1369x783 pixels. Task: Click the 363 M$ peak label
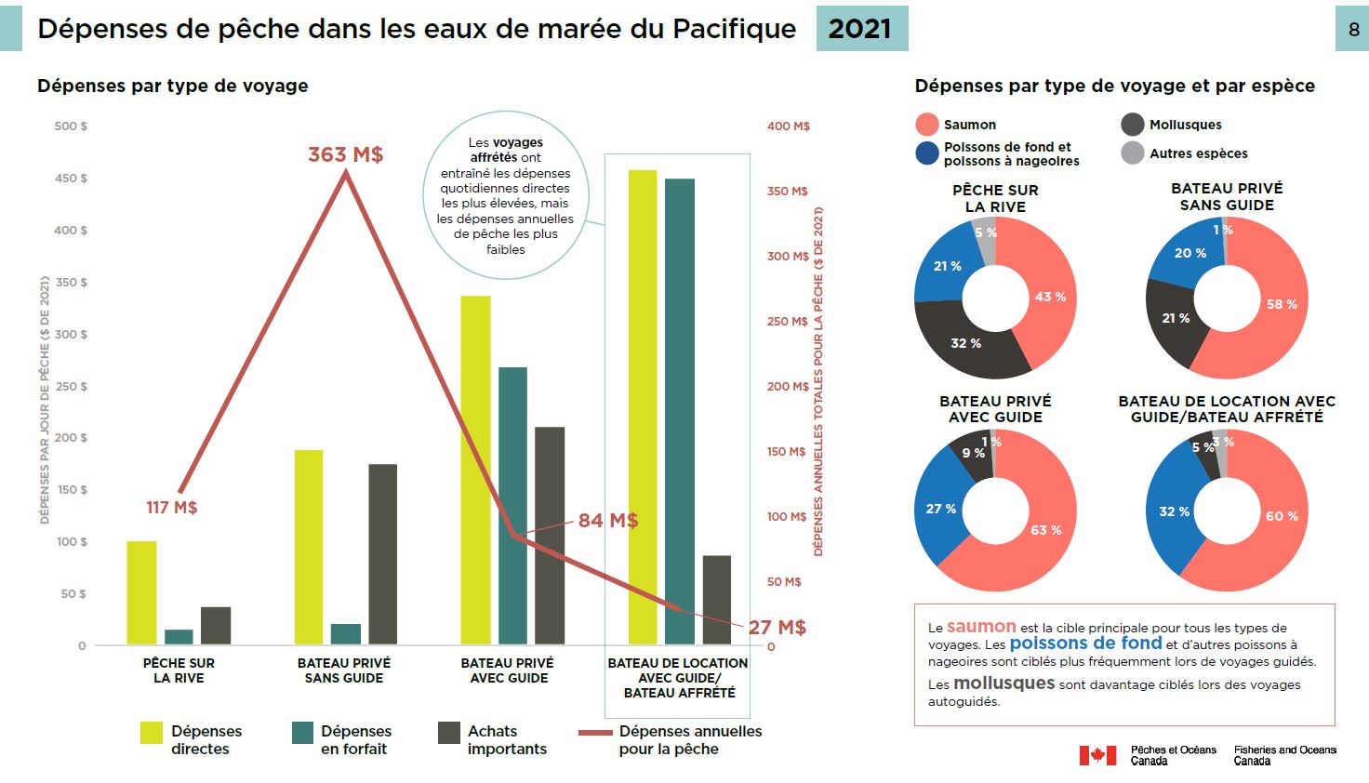[345, 154]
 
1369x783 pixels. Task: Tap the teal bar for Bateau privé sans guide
[345, 633]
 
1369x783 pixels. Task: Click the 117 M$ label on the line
[171, 508]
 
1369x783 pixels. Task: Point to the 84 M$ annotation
[607, 521]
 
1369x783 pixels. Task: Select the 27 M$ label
[777, 628]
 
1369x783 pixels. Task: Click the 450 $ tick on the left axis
[71, 179]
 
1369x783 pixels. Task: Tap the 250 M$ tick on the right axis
[787, 322]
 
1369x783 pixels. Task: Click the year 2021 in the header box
[860, 29]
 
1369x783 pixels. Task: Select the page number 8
[1353, 30]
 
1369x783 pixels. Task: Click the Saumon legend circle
[926, 125]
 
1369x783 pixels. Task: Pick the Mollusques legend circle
[1132, 125]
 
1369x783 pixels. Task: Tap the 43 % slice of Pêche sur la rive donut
[1050, 297]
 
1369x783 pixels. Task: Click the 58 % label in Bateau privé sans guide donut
[1281, 304]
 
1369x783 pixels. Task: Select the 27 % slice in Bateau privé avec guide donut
[940, 509]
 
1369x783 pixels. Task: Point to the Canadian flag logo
[1097, 755]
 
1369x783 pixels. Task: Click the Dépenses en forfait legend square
[302, 733]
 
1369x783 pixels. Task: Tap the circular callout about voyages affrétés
[505, 195]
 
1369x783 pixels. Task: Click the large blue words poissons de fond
[1085, 644]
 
